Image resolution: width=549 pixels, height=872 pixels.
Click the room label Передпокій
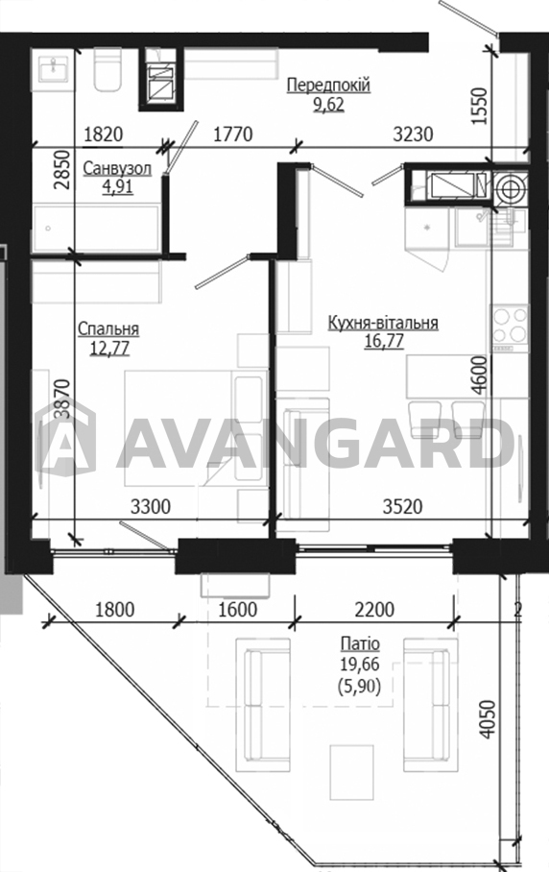point(328,85)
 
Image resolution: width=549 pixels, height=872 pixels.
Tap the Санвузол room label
point(117,168)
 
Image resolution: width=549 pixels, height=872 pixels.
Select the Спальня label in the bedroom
point(108,329)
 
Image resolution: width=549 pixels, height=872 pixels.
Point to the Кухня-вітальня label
point(383,323)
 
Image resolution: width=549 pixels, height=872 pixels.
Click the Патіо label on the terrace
point(360,644)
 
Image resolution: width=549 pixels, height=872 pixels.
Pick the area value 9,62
point(328,104)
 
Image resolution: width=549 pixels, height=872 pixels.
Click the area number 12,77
point(109,349)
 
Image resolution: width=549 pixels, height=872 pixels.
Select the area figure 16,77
point(384,341)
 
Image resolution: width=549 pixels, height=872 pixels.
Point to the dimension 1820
point(103,134)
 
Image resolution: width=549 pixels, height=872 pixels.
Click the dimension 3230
point(413,134)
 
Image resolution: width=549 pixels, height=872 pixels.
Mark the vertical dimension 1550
point(479,107)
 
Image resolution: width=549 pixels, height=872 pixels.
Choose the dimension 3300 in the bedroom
point(151,507)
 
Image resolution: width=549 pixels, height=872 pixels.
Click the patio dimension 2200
point(374,610)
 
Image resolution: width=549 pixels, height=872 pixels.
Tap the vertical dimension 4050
point(487,719)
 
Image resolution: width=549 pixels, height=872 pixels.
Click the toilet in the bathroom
point(107,69)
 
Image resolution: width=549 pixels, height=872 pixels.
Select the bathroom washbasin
point(54,69)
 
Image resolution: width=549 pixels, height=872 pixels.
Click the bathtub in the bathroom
point(97,229)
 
